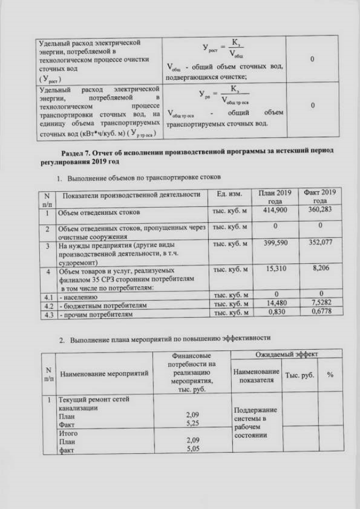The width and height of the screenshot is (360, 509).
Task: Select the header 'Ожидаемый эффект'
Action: coord(286,354)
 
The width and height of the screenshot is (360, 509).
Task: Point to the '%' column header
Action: coord(330,375)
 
